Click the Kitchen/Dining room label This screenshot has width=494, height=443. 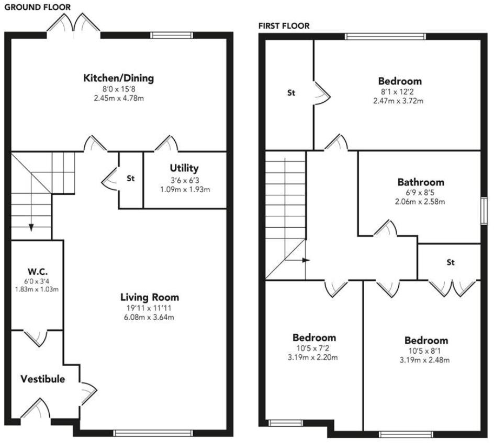pos(118,78)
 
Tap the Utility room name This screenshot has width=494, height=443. pos(184,168)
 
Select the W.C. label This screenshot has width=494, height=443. pos(38,272)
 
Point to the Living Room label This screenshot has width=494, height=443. pos(150,297)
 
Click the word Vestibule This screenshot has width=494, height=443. pos(43,379)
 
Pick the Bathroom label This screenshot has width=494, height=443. pos(421,182)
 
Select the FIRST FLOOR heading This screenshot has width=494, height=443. pos(284,26)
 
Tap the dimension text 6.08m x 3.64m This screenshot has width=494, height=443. pos(150,317)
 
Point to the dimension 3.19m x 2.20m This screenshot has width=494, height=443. pos(314,357)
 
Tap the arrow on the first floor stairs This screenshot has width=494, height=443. pos(306,260)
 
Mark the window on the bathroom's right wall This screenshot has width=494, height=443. pos(484,211)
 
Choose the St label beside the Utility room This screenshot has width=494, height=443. pos(131,178)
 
